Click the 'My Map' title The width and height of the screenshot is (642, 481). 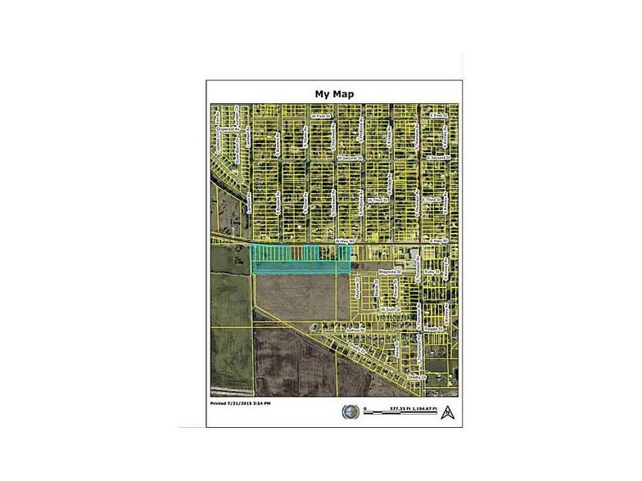point(334,93)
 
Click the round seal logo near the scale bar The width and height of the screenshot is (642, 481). point(350,412)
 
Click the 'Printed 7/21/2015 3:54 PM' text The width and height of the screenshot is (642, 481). point(242,404)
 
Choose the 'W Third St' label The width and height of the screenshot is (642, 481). point(378,199)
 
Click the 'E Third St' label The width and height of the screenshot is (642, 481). point(432,199)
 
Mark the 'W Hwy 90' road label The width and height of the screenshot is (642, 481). point(343,241)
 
